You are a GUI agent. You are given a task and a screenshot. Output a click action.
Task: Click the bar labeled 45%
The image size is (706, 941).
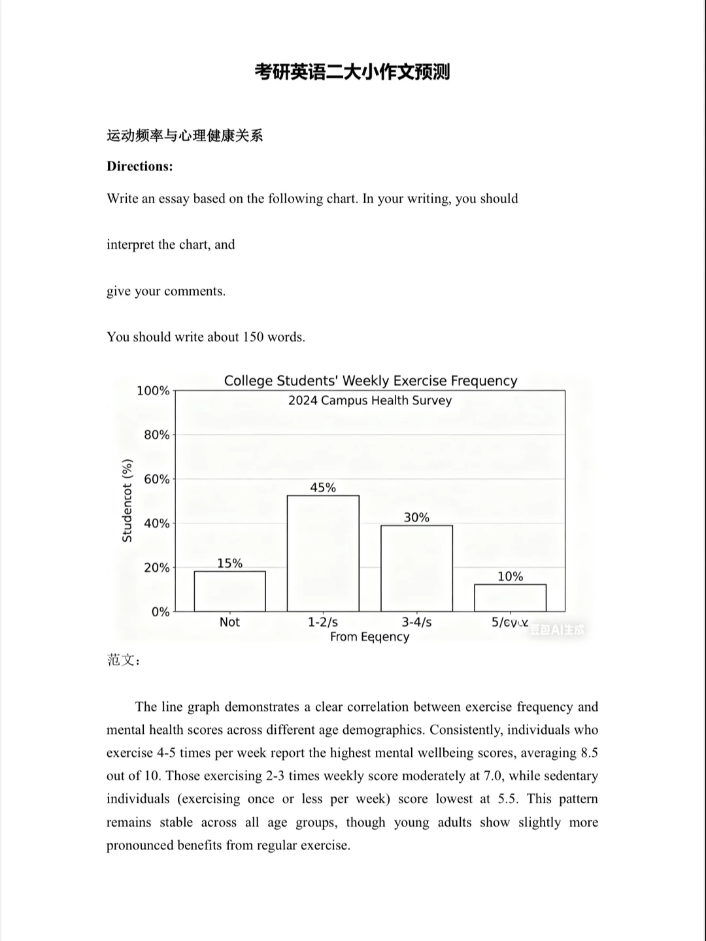pos(323,553)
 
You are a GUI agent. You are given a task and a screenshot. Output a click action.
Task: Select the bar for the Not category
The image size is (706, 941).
pos(229,591)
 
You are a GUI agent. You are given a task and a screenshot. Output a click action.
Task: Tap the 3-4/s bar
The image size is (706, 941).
pos(416,568)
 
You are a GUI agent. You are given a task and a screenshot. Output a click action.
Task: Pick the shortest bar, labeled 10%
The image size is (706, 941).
pos(510,597)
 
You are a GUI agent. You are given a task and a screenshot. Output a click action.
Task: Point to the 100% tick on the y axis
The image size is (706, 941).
pos(153,391)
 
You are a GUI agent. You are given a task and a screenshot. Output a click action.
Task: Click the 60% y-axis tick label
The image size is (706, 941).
pos(156,479)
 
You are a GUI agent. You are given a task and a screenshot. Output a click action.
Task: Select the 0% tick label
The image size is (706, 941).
pos(160,612)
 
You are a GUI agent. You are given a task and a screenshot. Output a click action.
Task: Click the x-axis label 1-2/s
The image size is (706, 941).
pos(323,622)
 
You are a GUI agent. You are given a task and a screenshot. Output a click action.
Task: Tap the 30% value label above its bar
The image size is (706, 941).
pos(416,518)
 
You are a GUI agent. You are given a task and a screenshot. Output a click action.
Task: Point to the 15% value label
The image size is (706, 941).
pos(229,563)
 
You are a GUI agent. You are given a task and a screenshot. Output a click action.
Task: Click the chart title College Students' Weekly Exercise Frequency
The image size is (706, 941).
pos(371,381)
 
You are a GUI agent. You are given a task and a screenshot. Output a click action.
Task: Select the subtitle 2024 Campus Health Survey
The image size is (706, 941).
pos(370,401)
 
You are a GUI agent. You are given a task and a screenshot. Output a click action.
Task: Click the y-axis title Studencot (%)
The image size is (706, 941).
pos(127,501)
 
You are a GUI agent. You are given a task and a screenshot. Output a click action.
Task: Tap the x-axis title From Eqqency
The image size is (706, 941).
pos(369,637)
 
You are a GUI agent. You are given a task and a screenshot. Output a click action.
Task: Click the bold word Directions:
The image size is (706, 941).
pos(140,166)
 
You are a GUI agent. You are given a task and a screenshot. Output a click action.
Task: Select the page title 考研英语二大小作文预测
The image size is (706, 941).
pos(352,72)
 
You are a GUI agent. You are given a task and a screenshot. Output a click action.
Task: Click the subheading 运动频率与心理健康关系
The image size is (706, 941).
pos(185,136)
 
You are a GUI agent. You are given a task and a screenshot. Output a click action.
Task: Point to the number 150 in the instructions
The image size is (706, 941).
pos(253,337)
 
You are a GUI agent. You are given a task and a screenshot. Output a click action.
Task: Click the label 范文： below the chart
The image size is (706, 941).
pos(124,660)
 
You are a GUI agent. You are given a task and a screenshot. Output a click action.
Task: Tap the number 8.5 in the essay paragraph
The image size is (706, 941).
pos(589,753)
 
